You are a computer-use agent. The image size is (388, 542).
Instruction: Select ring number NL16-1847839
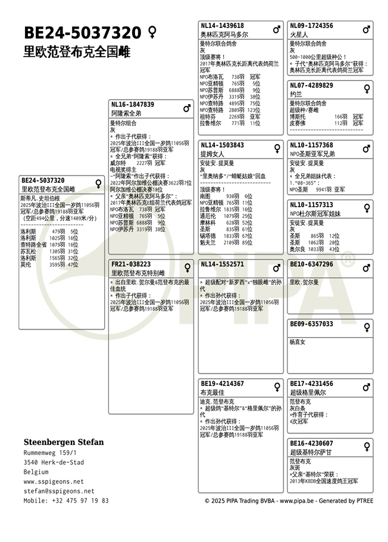(x=133, y=104)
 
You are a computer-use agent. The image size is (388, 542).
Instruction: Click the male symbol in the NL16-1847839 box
(x=187, y=108)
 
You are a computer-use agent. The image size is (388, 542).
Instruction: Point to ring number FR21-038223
(x=131, y=264)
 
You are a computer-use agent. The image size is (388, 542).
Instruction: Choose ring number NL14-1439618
(x=222, y=26)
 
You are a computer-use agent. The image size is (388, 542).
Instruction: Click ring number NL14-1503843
(x=222, y=145)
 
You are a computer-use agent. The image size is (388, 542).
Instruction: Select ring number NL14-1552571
(x=222, y=264)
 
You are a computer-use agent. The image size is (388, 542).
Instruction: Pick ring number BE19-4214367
(x=222, y=384)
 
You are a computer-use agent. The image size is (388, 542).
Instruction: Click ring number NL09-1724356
(x=311, y=26)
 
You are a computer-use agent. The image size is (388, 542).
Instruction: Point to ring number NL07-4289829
(x=311, y=85)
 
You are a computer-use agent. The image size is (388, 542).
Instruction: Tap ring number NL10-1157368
(x=311, y=145)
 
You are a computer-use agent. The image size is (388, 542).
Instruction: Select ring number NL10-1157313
(x=311, y=204)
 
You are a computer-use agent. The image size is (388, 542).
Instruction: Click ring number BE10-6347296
(x=311, y=264)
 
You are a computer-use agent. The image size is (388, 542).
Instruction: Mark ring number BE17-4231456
(x=311, y=384)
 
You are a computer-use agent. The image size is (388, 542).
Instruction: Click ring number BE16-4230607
(x=311, y=443)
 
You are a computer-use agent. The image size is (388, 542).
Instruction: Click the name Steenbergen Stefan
(x=64, y=442)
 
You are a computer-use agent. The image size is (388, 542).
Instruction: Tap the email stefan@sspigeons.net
(x=59, y=491)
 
